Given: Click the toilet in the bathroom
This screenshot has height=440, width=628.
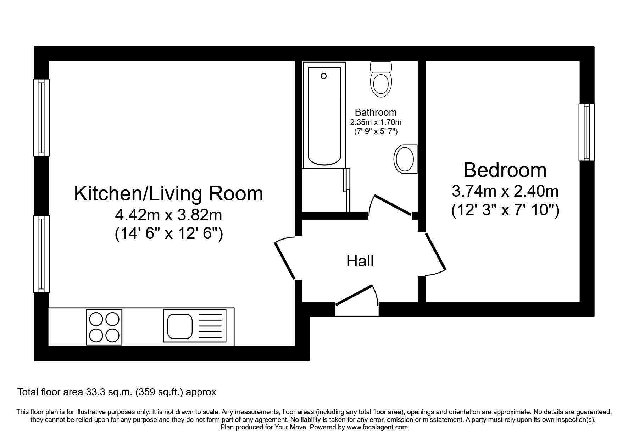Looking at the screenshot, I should click(381, 81).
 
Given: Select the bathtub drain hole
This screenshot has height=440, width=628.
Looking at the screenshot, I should click(323, 76).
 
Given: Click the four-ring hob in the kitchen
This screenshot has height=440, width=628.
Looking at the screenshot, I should click(104, 327).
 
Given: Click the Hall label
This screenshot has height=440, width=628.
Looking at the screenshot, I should click(360, 261).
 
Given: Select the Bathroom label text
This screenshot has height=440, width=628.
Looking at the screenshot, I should click(376, 112).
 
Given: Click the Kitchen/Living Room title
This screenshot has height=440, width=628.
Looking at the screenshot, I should click(168, 194).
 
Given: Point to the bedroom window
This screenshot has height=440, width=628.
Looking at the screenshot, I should click(587, 132).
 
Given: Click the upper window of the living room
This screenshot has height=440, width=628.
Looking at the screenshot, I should click(41, 117).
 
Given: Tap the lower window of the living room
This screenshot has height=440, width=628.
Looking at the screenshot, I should click(41, 254).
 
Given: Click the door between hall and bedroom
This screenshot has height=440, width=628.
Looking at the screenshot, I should click(435, 251).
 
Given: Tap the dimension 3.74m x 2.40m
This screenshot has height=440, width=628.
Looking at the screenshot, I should click(505, 192).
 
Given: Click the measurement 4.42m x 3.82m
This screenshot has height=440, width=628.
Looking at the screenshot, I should click(168, 215).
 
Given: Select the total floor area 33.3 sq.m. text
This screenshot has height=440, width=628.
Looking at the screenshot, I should click(117, 392).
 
